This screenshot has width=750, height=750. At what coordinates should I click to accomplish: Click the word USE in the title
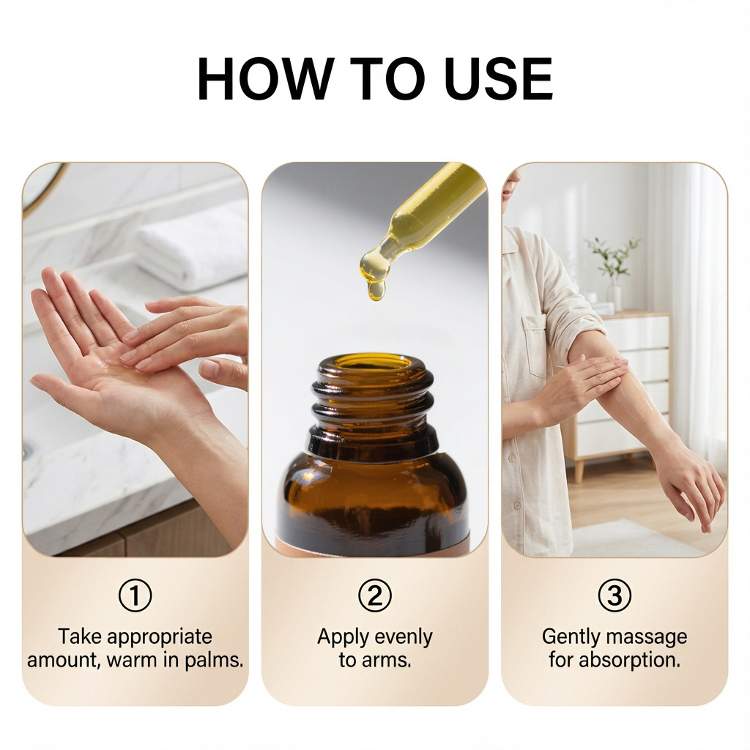tap(498, 78)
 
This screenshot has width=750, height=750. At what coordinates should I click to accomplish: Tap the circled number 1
tap(135, 595)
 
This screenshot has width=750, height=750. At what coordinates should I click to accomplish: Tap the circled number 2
tap(375, 595)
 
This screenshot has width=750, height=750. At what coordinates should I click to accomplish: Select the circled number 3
tap(615, 595)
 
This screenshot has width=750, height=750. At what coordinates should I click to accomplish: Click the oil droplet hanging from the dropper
tap(376, 290)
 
